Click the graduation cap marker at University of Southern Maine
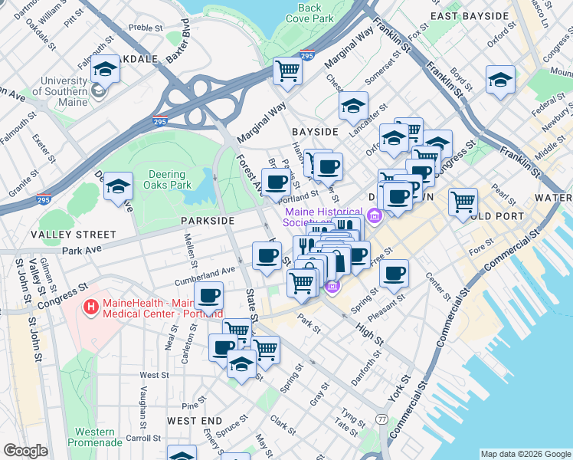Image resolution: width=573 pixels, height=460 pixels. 105,71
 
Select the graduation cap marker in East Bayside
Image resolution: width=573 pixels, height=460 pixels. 500,80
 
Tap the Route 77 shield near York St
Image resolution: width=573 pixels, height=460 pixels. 381,419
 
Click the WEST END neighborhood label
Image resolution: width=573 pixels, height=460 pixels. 195,421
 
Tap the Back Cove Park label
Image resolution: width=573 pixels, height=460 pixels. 309,13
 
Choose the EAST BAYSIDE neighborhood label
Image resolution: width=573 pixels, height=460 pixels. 470,15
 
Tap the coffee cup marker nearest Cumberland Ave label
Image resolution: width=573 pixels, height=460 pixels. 208,296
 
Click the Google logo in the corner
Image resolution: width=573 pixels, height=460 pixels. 25,451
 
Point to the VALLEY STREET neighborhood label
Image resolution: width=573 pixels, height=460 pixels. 74,234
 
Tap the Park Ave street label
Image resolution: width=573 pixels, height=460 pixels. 82,251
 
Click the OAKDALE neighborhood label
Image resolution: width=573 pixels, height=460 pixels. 135,58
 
